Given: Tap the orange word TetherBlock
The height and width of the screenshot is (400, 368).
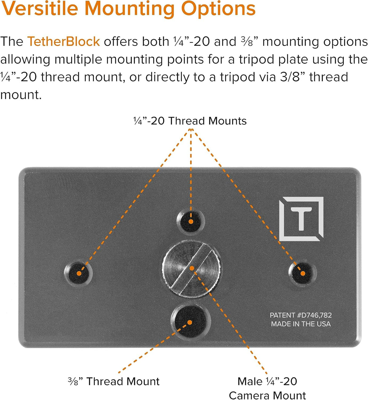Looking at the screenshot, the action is [x=63, y=41].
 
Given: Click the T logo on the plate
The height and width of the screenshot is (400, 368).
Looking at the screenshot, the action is [x=301, y=219].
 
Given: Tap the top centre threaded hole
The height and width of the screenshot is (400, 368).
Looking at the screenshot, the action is [x=191, y=221].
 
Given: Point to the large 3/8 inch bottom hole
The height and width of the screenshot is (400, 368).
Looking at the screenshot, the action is [x=190, y=322].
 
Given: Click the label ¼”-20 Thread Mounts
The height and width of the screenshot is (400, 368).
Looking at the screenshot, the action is [x=190, y=121].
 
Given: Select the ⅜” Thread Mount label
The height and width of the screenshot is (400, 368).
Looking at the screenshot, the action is [x=114, y=382].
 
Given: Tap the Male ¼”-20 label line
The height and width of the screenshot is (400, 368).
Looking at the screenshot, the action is [x=267, y=382].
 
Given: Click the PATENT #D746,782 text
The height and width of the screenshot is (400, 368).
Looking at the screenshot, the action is [x=301, y=315].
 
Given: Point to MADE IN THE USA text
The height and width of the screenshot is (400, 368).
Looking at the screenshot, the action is [x=301, y=324].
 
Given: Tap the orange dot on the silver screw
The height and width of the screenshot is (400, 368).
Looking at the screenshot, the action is [x=192, y=268].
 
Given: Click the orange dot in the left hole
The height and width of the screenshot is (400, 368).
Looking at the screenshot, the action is [x=79, y=273].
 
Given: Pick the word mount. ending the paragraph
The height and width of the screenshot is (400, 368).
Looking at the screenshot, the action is [x=21, y=95].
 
